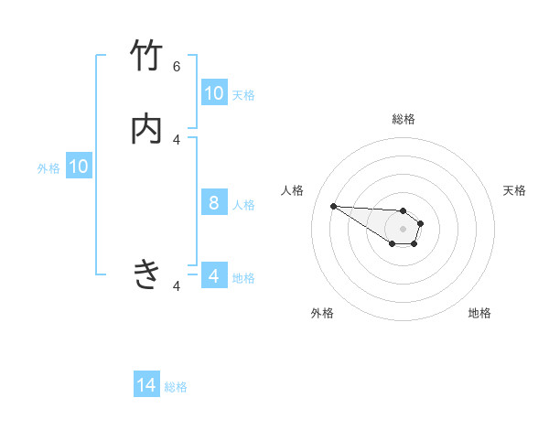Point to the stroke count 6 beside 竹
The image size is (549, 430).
(177, 66)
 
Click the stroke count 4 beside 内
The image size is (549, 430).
(177, 139)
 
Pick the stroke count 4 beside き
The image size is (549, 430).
(177, 286)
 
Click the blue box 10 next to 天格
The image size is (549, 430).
(214, 93)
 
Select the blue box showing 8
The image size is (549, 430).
(214, 203)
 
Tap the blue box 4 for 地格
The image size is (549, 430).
(214, 276)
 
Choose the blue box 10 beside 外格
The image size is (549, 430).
(79, 167)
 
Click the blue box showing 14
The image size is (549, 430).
(146, 386)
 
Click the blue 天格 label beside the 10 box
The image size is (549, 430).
(243, 94)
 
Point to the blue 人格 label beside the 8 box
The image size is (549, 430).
(243, 204)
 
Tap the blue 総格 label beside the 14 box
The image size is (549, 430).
(176, 387)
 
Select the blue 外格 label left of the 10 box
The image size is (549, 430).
(48, 167)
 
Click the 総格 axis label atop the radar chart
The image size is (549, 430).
(403, 119)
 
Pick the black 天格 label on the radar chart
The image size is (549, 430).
(514, 190)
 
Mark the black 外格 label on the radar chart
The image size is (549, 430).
(322, 313)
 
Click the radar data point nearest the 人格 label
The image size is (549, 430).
(333, 206)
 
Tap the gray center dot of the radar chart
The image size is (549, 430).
(403, 229)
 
